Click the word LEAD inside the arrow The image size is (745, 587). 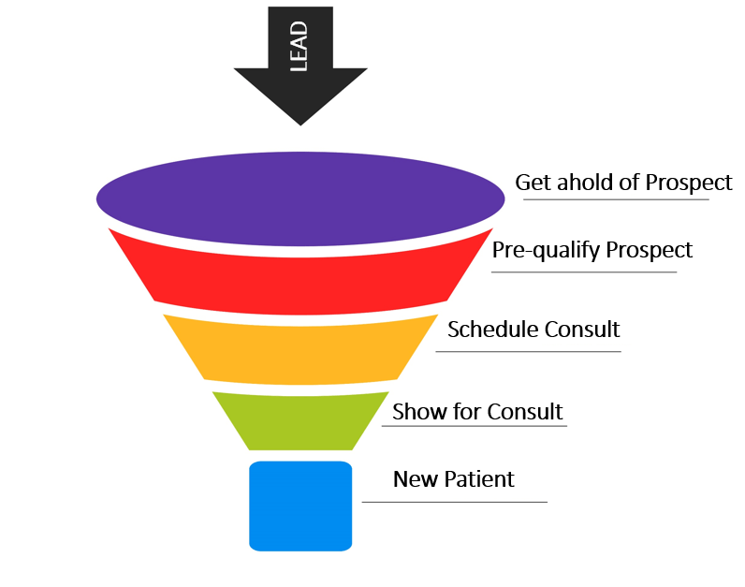click(300, 45)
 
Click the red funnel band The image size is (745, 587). click(301, 276)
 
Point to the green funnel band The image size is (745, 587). click(301, 419)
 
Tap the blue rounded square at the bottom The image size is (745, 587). click(300, 506)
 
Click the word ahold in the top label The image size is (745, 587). click(588, 182)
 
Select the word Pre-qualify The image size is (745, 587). click(546, 251)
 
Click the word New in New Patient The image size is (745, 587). click(413, 479)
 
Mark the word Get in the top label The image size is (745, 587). click(533, 182)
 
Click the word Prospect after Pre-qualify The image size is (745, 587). click(650, 251)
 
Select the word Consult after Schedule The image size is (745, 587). click(581, 330)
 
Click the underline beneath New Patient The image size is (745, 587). click(454, 502)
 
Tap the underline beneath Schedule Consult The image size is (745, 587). click(528, 352)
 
